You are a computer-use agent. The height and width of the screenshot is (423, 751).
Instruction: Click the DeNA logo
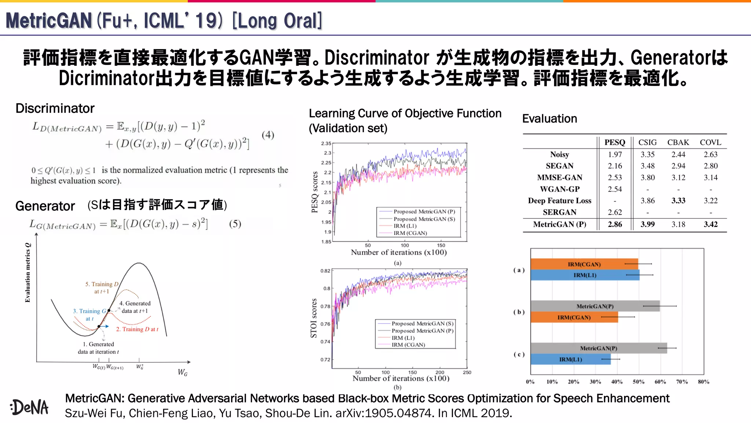point(30,407)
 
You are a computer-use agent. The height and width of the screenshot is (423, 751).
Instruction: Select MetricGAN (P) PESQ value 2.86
point(615,224)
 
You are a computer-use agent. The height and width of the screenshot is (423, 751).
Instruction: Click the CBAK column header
point(678,142)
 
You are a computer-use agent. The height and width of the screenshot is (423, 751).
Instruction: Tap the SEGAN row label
point(559,166)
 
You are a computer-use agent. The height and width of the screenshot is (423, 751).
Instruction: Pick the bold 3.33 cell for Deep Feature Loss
point(678,201)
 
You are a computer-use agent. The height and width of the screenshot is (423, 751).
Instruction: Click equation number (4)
point(268,135)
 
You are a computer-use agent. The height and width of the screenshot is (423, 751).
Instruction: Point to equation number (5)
point(235,224)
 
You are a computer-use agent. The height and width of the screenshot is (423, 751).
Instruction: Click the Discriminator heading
point(55,108)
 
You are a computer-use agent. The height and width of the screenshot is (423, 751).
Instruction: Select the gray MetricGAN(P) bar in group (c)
point(598,348)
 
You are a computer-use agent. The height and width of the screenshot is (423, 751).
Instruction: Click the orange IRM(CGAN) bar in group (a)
point(584,264)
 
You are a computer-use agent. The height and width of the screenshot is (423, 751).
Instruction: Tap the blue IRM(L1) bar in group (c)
point(570,359)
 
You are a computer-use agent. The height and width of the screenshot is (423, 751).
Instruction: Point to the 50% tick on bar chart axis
point(638,382)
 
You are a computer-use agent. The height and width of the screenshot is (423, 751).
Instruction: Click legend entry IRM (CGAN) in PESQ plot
point(410,233)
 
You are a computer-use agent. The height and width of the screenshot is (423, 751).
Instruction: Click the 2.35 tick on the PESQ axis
point(326,144)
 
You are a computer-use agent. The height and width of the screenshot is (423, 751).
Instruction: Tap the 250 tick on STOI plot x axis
point(467,372)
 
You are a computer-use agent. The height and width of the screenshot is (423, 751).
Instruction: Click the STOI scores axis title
point(314,318)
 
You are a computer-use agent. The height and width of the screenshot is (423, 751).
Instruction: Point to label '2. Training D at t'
point(137,329)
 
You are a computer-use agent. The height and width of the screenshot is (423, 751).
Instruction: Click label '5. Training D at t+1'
point(102,288)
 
